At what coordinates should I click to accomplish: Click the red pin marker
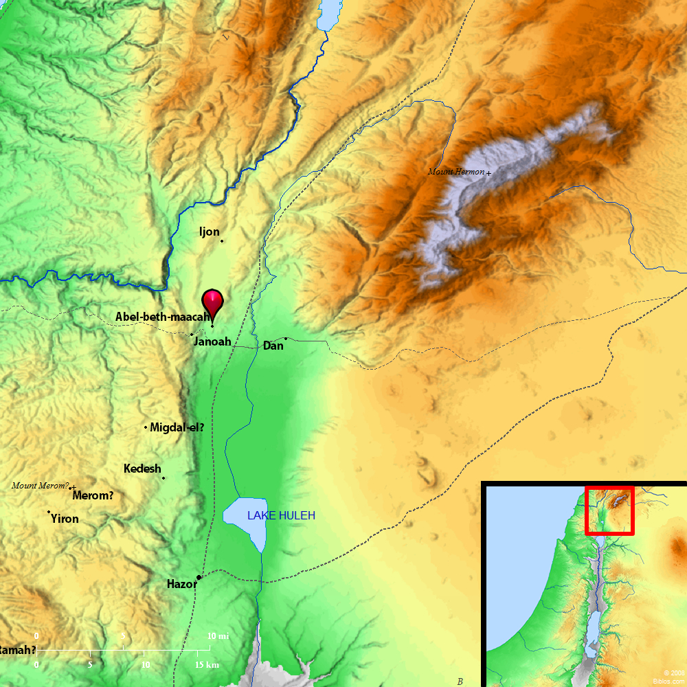[212, 303]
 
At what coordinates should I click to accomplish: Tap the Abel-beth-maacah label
[162, 317]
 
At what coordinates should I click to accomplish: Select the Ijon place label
[209, 232]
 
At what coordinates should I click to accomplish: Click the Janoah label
[212, 341]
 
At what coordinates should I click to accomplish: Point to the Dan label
[273, 346]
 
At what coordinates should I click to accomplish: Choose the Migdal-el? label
[177, 427]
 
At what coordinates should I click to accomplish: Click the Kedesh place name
[142, 469]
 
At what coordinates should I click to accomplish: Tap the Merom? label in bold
[93, 495]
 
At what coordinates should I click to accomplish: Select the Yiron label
[65, 519]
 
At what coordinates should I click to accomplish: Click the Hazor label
[181, 585]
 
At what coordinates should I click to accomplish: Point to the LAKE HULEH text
[281, 515]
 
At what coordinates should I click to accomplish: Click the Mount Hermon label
[456, 172]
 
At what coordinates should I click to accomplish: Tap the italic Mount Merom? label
[40, 486]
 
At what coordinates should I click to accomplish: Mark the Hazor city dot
[199, 577]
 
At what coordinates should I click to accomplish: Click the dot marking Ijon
[221, 240]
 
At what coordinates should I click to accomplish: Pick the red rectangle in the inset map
[609, 510]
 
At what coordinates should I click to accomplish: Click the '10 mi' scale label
[218, 637]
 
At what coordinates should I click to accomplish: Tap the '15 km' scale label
[207, 665]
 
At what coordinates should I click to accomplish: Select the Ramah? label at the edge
[18, 650]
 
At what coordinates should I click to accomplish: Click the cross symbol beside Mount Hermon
[488, 173]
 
